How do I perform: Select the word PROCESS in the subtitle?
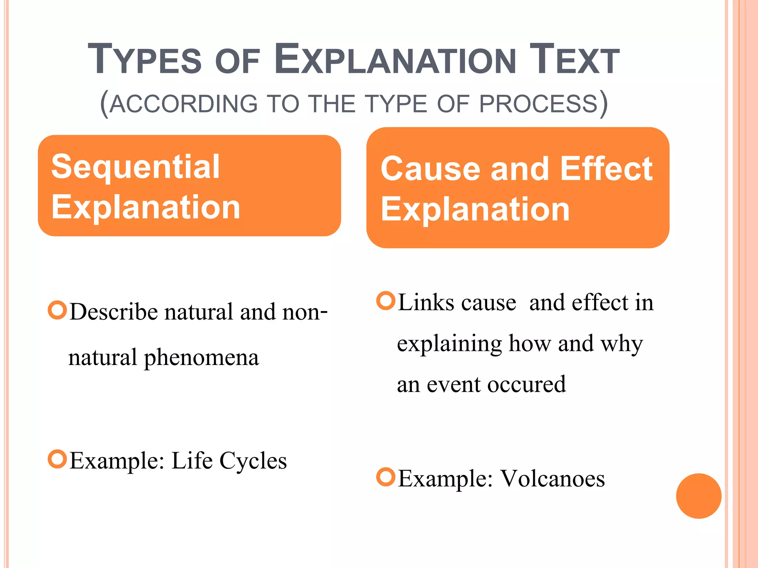pos(539,104)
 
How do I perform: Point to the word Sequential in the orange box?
pos(135,167)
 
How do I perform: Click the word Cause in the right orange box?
pos(430,169)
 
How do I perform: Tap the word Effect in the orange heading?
pos(606,169)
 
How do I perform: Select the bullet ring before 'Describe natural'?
pos(57,311)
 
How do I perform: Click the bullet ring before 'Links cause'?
pos(386,301)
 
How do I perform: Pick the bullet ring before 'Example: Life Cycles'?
pos(57,459)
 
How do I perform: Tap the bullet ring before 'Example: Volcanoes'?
pos(386,477)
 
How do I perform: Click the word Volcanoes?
pos(553,479)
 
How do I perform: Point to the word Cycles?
pos(253,461)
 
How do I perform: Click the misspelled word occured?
pos(526,385)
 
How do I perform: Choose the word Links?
pos(426,303)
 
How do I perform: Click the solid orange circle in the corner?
pos(698,496)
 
